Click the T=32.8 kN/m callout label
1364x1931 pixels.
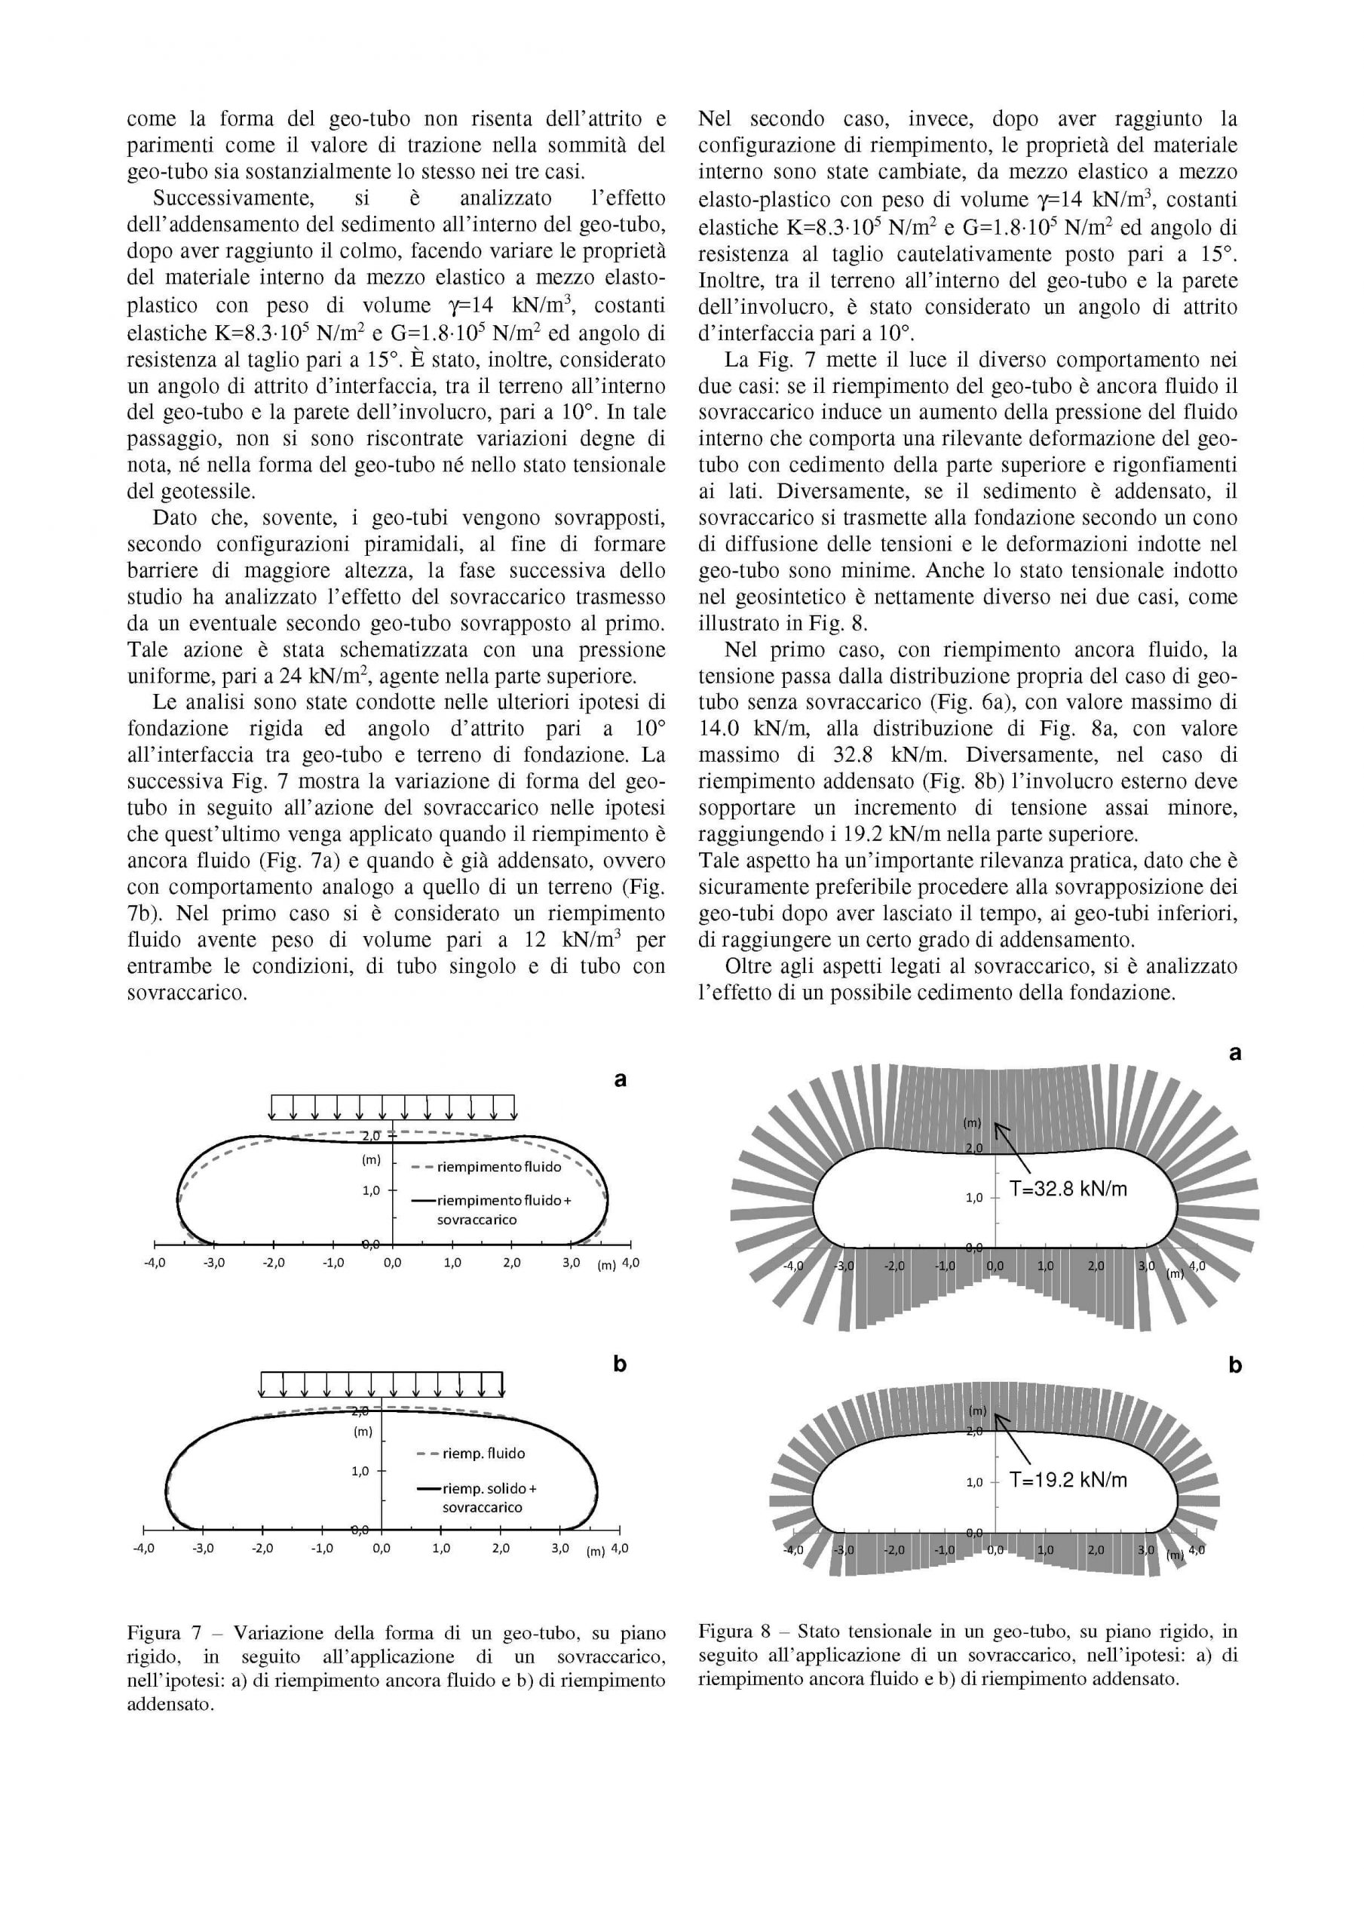tap(1068, 1188)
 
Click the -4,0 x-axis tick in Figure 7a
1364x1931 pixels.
tap(155, 1263)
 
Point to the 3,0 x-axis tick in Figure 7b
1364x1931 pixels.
tap(560, 1548)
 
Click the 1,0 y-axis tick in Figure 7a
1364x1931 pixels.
tap(372, 1190)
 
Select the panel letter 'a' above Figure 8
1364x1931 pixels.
tap(1234, 1052)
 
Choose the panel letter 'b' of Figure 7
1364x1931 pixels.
tap(620, 1365)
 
